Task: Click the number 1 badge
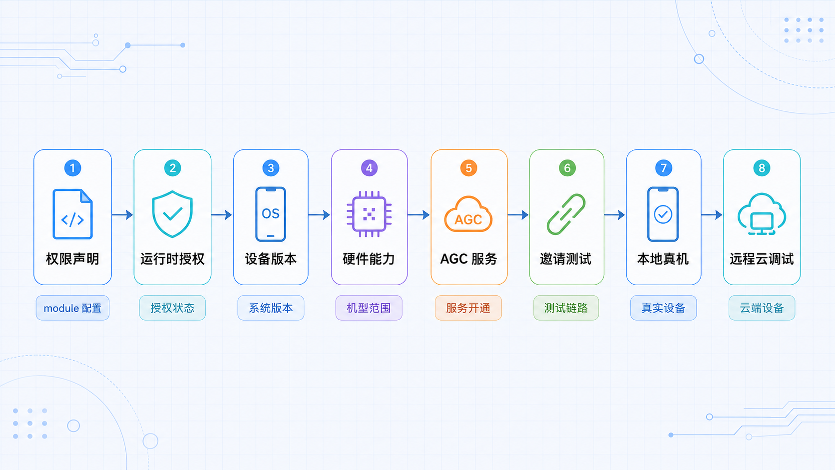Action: click(72, 168)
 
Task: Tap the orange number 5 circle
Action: click(468, 168)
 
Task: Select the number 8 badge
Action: click(762, 168)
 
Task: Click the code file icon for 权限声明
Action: click(72, 214)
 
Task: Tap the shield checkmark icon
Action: click(172, 214)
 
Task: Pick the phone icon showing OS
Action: click(271, 214)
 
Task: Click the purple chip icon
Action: click(369, 214)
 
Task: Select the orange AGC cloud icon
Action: click(468, 214)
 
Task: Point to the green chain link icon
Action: click(566, 214)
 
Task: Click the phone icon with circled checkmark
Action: click(663, 214)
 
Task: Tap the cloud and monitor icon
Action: click(762, 214)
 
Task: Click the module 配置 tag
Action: click(73, 308)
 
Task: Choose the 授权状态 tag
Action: click(172, 308)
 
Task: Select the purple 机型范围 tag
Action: click(369, 308)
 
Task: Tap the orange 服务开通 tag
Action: click(468, 308)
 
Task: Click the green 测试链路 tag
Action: click(566, 308)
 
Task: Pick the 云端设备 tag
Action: click(762, 308)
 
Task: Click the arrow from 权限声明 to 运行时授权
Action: click(122, 215)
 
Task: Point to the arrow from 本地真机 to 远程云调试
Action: click(712, 215)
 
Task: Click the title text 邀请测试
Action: click(566, 259)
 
